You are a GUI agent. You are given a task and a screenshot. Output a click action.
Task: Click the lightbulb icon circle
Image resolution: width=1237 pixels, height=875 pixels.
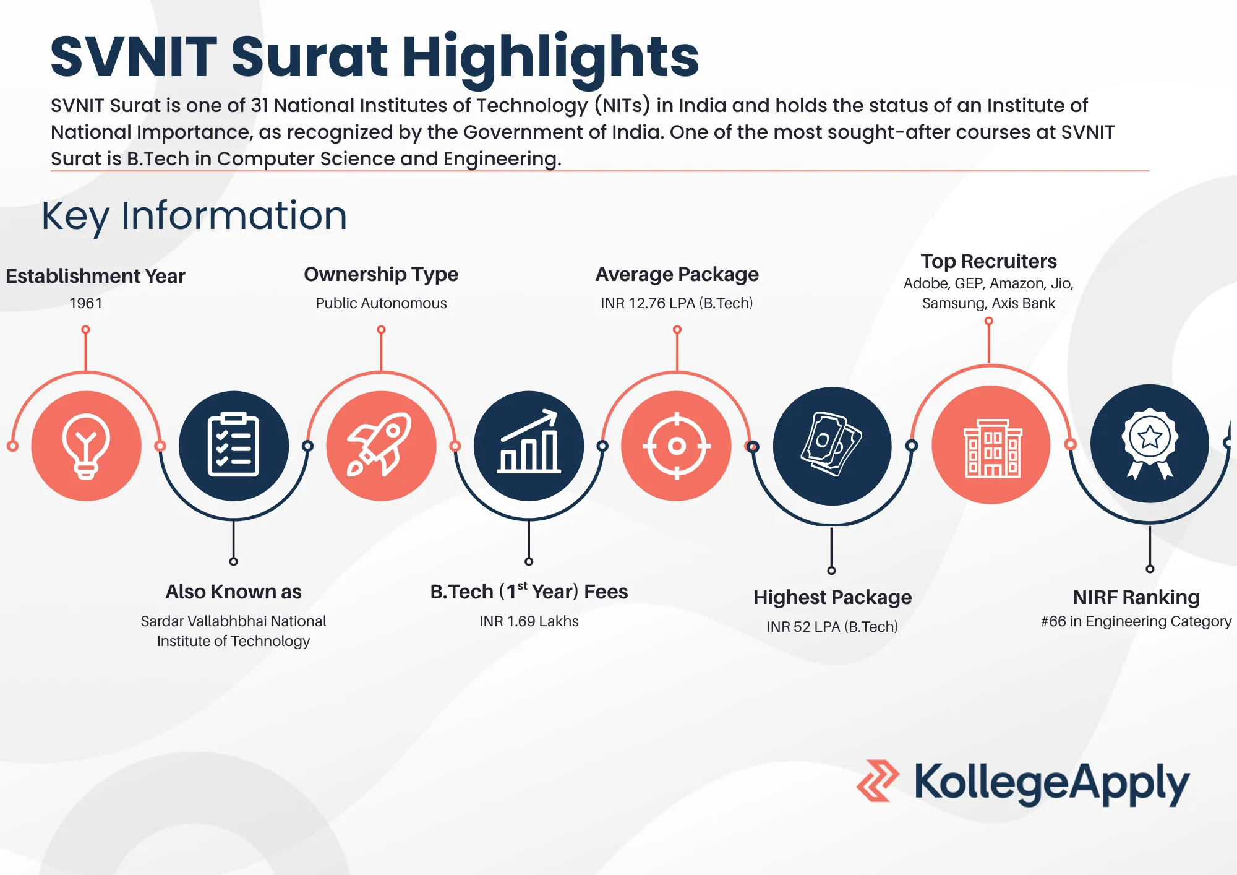click(x=86, y=446)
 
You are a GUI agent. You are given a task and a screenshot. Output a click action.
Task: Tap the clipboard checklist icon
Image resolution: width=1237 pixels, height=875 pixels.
click(x=233, y=446)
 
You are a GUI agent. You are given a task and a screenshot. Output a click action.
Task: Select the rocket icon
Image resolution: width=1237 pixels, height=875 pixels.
click(x=381, y=446)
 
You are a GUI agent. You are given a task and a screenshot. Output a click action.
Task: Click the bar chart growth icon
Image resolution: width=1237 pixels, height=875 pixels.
click(x=529, y=446)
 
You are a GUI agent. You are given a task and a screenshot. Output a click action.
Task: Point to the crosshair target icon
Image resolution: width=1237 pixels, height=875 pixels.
click(x=677, y=446)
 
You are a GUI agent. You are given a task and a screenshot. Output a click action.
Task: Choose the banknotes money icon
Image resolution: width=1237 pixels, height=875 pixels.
click(x=832, y=446)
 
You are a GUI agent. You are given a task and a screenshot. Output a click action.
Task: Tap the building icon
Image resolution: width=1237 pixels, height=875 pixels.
click(x=991, y=446)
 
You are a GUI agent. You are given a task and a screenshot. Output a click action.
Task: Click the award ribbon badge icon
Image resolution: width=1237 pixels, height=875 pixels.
click(x=1150, y=443)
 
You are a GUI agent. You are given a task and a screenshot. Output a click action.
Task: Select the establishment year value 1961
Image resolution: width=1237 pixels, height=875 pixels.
click(x=85, y=303)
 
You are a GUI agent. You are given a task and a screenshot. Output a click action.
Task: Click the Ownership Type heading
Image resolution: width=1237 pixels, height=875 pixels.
click(x=381, y=274)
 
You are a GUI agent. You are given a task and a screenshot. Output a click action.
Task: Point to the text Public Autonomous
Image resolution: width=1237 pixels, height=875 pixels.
click(x=381, y=303)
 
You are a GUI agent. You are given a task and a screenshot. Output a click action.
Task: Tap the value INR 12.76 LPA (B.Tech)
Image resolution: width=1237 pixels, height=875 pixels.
click(x=677, y=303)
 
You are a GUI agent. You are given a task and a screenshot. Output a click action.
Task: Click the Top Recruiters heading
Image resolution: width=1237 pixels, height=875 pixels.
click(x=988, y=261)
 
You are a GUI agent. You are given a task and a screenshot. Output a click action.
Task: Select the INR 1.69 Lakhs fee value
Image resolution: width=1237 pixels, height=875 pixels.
click(x=529, y=621)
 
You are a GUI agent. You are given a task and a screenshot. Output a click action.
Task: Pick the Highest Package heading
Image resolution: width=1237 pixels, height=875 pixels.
click(x=832, y=597)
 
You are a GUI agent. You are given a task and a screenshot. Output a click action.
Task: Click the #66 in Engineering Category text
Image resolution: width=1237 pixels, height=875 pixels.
click(x=1136, y=621)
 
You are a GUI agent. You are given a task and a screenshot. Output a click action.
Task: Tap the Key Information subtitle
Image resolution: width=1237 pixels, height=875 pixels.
click(x=194, y=216)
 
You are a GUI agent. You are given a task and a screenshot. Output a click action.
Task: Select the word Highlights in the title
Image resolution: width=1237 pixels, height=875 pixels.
click(x=550, y=57)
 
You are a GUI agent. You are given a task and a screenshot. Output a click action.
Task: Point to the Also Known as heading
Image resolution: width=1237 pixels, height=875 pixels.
click(x=233, y=592)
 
